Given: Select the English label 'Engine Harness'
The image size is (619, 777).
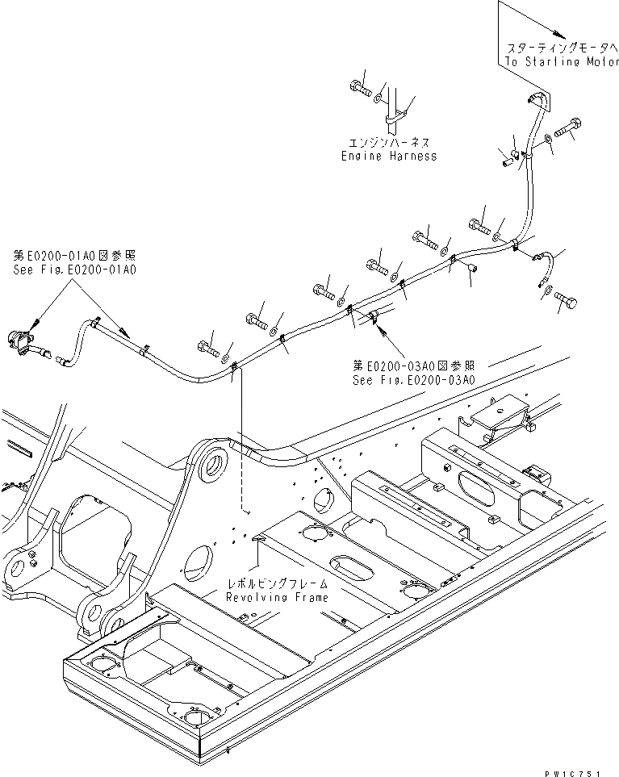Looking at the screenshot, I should [388, 156].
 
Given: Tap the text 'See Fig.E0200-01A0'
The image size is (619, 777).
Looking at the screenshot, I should [74, 269].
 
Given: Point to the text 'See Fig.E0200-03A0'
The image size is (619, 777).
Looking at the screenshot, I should [413, 380].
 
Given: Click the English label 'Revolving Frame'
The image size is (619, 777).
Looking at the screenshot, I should [277, 597].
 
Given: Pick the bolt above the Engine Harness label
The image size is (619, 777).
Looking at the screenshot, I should [361, 88].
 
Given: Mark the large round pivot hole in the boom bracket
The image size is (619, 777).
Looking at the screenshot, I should [212, 466].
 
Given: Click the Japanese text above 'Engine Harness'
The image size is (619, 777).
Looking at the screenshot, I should [388, 142].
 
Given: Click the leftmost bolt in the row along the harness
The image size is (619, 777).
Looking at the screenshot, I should [207, 349].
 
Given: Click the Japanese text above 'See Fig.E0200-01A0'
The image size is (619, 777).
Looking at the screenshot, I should [74, 256].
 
